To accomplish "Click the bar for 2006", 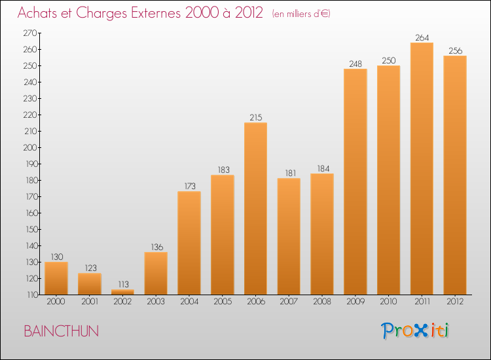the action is (255, 209).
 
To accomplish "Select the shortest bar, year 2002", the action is (122, 292).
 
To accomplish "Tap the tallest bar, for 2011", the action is (422, 168).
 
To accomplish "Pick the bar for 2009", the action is (355, 181).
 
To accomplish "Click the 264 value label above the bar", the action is (422, 37).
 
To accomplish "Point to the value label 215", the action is (256, 117).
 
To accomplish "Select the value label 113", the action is (123, 284).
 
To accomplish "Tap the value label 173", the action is (190, 186).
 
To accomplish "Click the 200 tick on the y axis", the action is (30, 147).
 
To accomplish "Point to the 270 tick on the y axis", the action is (30, 33).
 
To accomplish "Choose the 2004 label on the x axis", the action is (189, 301).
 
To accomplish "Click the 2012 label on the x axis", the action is (455, 301).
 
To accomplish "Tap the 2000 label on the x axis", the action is (56, 301).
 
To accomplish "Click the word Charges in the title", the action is (101, 13).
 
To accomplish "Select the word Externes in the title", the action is (156, 12).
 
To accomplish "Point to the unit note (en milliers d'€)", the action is (301, 14).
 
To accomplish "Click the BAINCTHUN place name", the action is (62, 331).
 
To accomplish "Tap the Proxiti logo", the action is (415, 331).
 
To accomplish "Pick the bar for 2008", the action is (322, 234).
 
